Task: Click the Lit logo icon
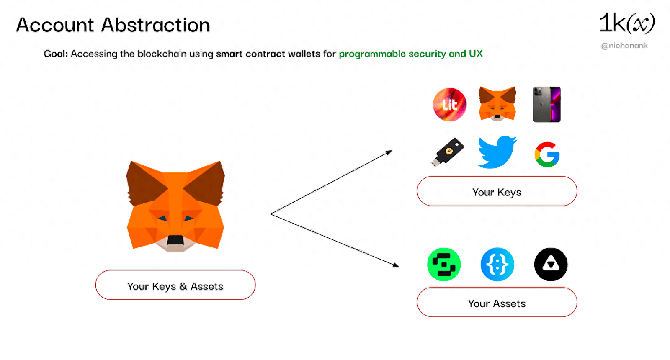[450, 105]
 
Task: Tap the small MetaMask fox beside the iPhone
[497, 104]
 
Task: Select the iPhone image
[546, 105]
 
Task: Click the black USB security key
[448, 152]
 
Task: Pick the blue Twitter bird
[497, 152]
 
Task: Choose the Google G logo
[547, 154]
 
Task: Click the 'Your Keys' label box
[497, 192]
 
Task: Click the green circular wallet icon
[444, 265]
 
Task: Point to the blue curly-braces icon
[497, 265]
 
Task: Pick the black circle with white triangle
[551, 265]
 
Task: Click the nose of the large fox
[175, 240]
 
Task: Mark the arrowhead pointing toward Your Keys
[389, 152]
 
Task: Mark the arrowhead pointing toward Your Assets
[396, 265]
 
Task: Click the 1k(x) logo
[626, 23]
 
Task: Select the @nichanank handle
[624, 46]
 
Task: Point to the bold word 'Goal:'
[55, 54]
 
